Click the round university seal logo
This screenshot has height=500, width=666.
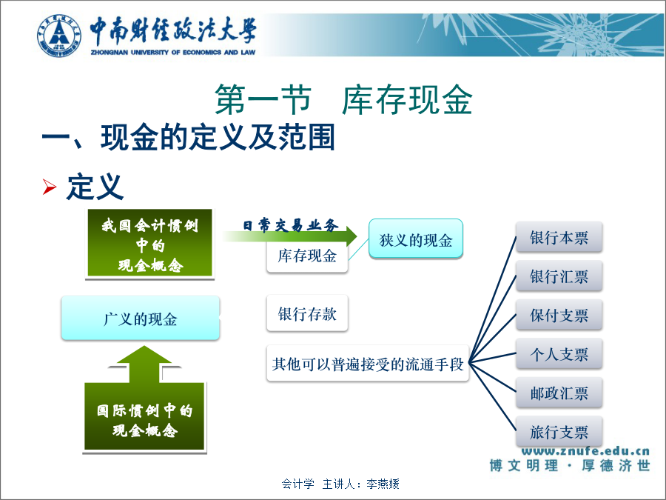click(x=59, y=36)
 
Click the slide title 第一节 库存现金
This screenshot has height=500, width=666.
click(x=343, y=100)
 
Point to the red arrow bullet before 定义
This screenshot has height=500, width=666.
click(x=50, y=187)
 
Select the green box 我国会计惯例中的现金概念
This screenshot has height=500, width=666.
click(x=150, y=244)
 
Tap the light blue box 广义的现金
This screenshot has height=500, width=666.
click(x=140, y=318)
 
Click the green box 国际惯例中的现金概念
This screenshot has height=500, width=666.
click(x=144, y=416)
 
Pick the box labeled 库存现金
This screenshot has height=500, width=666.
click(x=307, y=256)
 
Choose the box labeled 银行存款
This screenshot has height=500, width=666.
click(x=307, y=313)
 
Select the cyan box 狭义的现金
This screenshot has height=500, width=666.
click(x=415, y=239)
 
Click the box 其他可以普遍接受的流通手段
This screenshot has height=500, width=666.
click(x=367, y=364)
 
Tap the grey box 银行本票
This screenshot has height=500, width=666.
click(x=559, y=237)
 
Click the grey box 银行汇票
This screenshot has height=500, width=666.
click(x=559, y=276)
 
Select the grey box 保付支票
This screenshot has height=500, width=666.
click(x=559, y=315)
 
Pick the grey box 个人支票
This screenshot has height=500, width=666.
click(x=559, y=354)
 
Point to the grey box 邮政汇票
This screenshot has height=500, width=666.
click(x=559, y=393)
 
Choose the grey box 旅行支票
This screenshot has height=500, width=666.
click(x=559, y=432)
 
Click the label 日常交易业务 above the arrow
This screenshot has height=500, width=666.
click(x=291, y=225)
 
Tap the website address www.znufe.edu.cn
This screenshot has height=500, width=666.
click(x=585, y=450)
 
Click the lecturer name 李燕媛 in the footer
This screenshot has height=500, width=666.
click(x=383, y=484)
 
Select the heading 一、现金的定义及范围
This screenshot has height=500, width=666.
click(x=188, y=137)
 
